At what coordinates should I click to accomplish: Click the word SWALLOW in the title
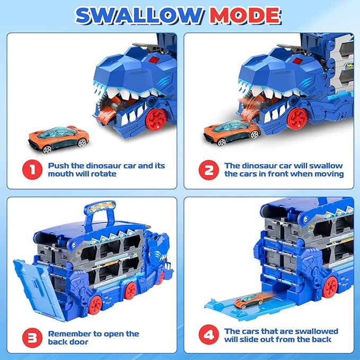pos(139,15)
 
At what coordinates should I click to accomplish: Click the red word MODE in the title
pos(245,15)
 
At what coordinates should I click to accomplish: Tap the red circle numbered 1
pos(32,170)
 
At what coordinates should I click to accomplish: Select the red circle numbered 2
pos(209,170)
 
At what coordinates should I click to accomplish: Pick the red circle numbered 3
pos(32,338)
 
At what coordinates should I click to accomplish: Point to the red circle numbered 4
pos(209,335)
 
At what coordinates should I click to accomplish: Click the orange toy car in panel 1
pos(59,139)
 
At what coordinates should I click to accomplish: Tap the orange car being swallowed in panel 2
pos(232,133)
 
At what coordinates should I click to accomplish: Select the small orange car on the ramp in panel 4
pos(249,301)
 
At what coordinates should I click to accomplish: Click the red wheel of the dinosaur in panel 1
pos(156,120)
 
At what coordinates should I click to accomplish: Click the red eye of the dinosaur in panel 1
pos(153,60)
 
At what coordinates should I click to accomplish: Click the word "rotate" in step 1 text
pos(103,174)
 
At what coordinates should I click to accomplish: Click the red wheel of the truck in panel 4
pos(330,287)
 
